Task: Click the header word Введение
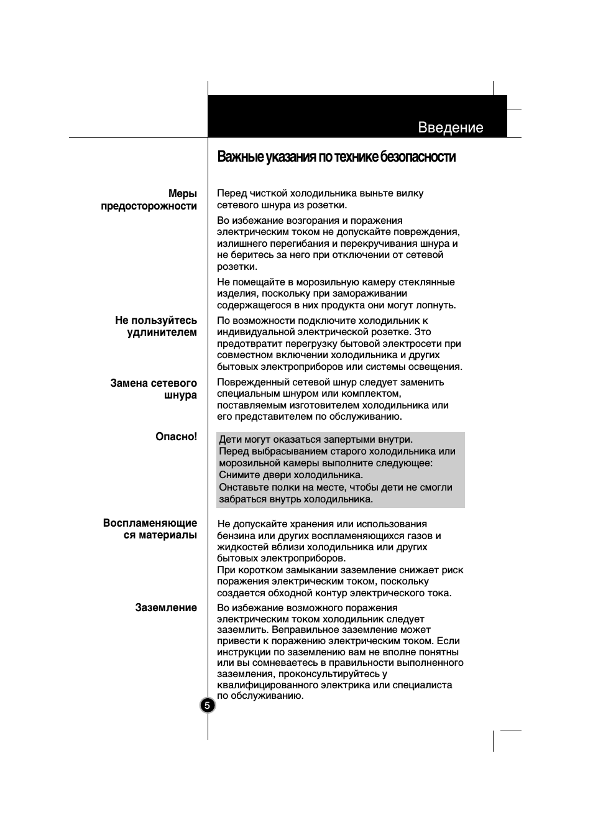(x=451, y=127)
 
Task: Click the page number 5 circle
(x=208, y=706)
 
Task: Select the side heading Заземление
(x=166, y=607)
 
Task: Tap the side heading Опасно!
(x=176, y=436)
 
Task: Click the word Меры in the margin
(x=182, y=194)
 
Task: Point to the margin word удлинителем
(x=162, y=332)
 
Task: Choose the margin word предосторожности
(x=149, y=206)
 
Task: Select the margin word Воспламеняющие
(x=150, y=523)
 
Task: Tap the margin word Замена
(x=129, y=383)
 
